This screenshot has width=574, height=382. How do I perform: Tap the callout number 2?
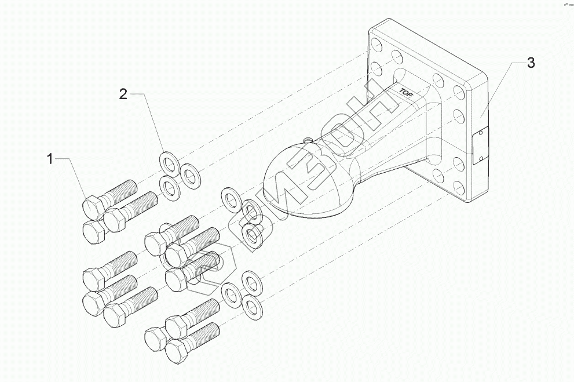click(x=123, y=94)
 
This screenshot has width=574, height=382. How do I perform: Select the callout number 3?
click(x=530, y=63)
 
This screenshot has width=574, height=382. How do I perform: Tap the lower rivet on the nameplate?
click(x=481, y=156)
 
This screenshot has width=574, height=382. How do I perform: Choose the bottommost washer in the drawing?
click(x=250, y=306)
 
